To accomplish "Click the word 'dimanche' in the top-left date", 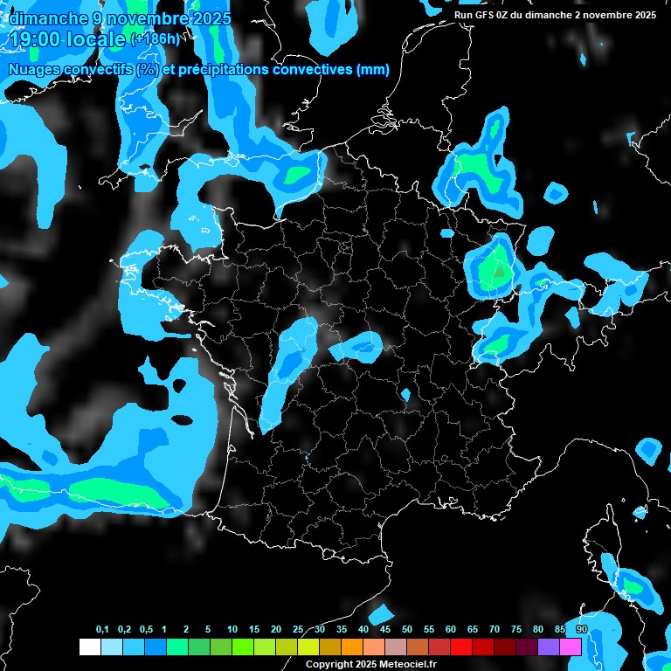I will (x=49, y=18).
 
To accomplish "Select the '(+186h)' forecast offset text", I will (x=155, y=39).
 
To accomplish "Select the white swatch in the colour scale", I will (x=89, y=647).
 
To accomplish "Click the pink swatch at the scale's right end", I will (x=571, y=647).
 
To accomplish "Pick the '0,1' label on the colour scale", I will (x=102, y=629).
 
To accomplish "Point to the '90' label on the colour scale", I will (x=581, y=629).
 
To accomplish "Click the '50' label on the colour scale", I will (x=407, y=629).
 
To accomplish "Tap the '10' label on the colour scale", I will (x=232, y=629).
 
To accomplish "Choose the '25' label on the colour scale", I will (x=298, y=629).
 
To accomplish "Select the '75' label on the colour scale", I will (x=516, y=629).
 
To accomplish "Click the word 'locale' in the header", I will (x=96, y=40).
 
